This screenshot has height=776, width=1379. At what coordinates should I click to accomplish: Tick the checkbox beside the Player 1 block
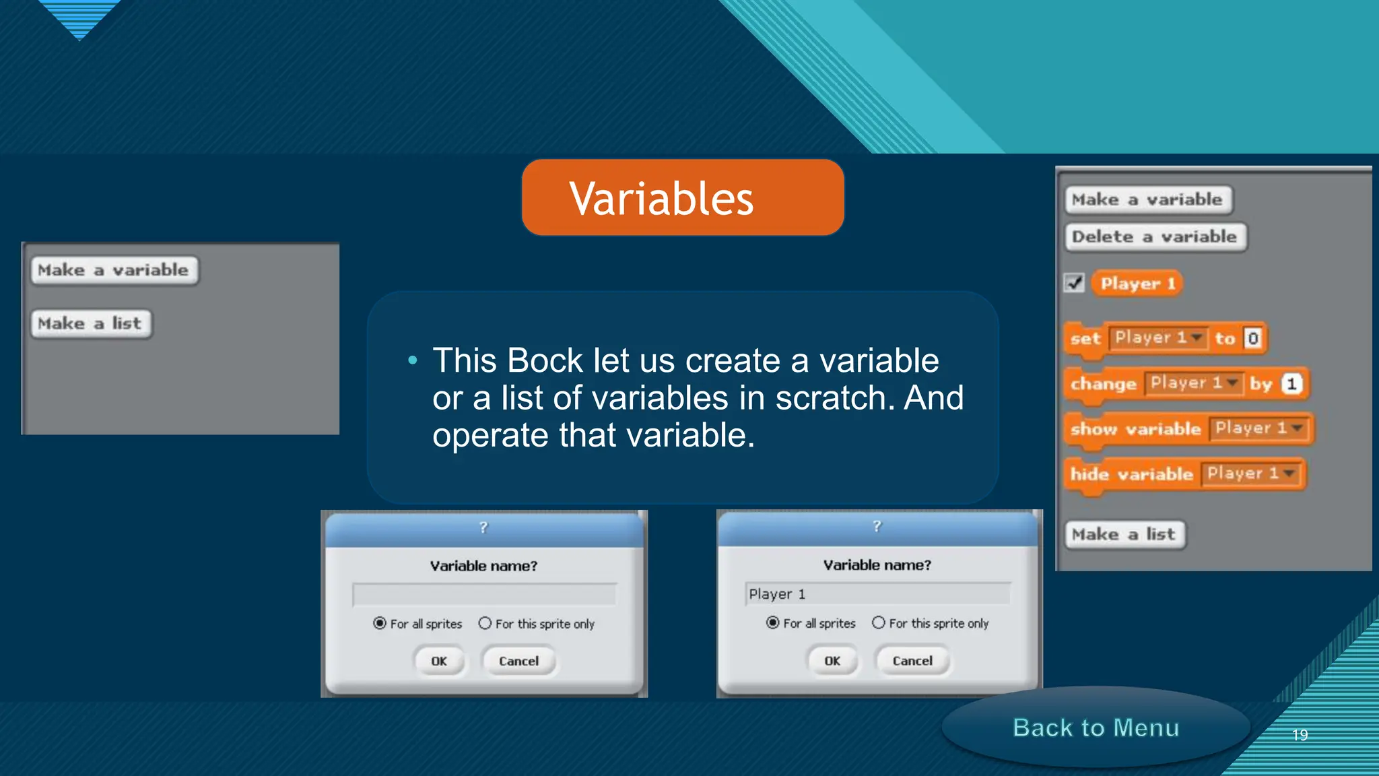tap(1075, 283)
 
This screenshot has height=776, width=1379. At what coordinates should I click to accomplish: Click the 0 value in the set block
tap(1252, 338)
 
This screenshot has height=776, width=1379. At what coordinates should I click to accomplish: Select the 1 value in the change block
tap(1291, 384)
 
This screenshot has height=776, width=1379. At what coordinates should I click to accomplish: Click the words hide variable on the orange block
tap(1131, 474)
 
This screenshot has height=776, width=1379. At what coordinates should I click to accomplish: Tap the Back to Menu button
tap(1096, 727)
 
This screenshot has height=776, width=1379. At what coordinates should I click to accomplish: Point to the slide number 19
tap(1300, 735)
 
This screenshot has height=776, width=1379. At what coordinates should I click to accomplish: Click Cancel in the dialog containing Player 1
tap(912, 661)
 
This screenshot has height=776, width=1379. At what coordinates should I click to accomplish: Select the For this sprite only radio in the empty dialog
tap(485, 623)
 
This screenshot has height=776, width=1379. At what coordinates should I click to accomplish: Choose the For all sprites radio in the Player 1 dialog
tap(772, 622)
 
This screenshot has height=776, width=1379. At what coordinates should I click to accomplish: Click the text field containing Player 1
tap(877, 594)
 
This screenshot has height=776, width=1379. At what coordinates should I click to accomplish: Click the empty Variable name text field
tap(484, 595)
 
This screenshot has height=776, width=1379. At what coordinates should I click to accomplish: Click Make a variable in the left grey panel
tap(114, 270)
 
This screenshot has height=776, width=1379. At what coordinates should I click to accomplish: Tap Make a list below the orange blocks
tap(1124, 535)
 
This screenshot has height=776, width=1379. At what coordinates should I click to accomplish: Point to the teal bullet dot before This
tap(413, 361)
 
